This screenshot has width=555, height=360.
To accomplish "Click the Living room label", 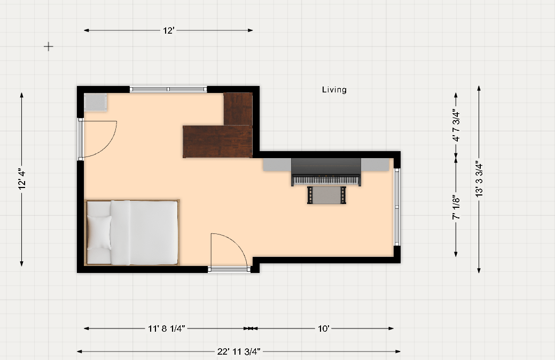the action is tap(334, 90).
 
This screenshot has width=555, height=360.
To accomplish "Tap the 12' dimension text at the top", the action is tap(168, 30).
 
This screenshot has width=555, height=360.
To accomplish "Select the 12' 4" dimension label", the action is tap(22, 179).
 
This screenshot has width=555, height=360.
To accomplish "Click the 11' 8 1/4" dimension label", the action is tap(166, 328).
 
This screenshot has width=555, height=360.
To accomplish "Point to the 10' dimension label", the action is tap(324, 328).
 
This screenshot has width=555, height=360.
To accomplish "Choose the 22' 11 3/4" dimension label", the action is tap(239, 351).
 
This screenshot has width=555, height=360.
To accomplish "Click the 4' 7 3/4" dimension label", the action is tap(456, 127).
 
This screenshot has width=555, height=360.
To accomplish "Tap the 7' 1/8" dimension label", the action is tap(456, 207).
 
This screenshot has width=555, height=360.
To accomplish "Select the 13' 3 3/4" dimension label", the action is tap(479, 179).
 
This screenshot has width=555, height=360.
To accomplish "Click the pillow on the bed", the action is tap(99, 232).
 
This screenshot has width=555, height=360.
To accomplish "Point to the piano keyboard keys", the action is tap(325, 180).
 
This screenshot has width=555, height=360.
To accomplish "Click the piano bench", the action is tap(326, 195).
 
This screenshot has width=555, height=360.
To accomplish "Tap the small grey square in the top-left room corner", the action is tap(95, 103).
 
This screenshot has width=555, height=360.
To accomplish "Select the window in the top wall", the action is tap(168, 89).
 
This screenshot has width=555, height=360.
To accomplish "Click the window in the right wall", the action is tap(397, 207).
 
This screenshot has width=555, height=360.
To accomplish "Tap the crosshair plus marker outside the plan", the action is tap(49, 46).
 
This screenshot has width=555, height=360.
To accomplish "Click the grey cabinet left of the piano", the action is tap(277, 165).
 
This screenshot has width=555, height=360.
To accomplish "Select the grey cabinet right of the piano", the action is tap(375, 165).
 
